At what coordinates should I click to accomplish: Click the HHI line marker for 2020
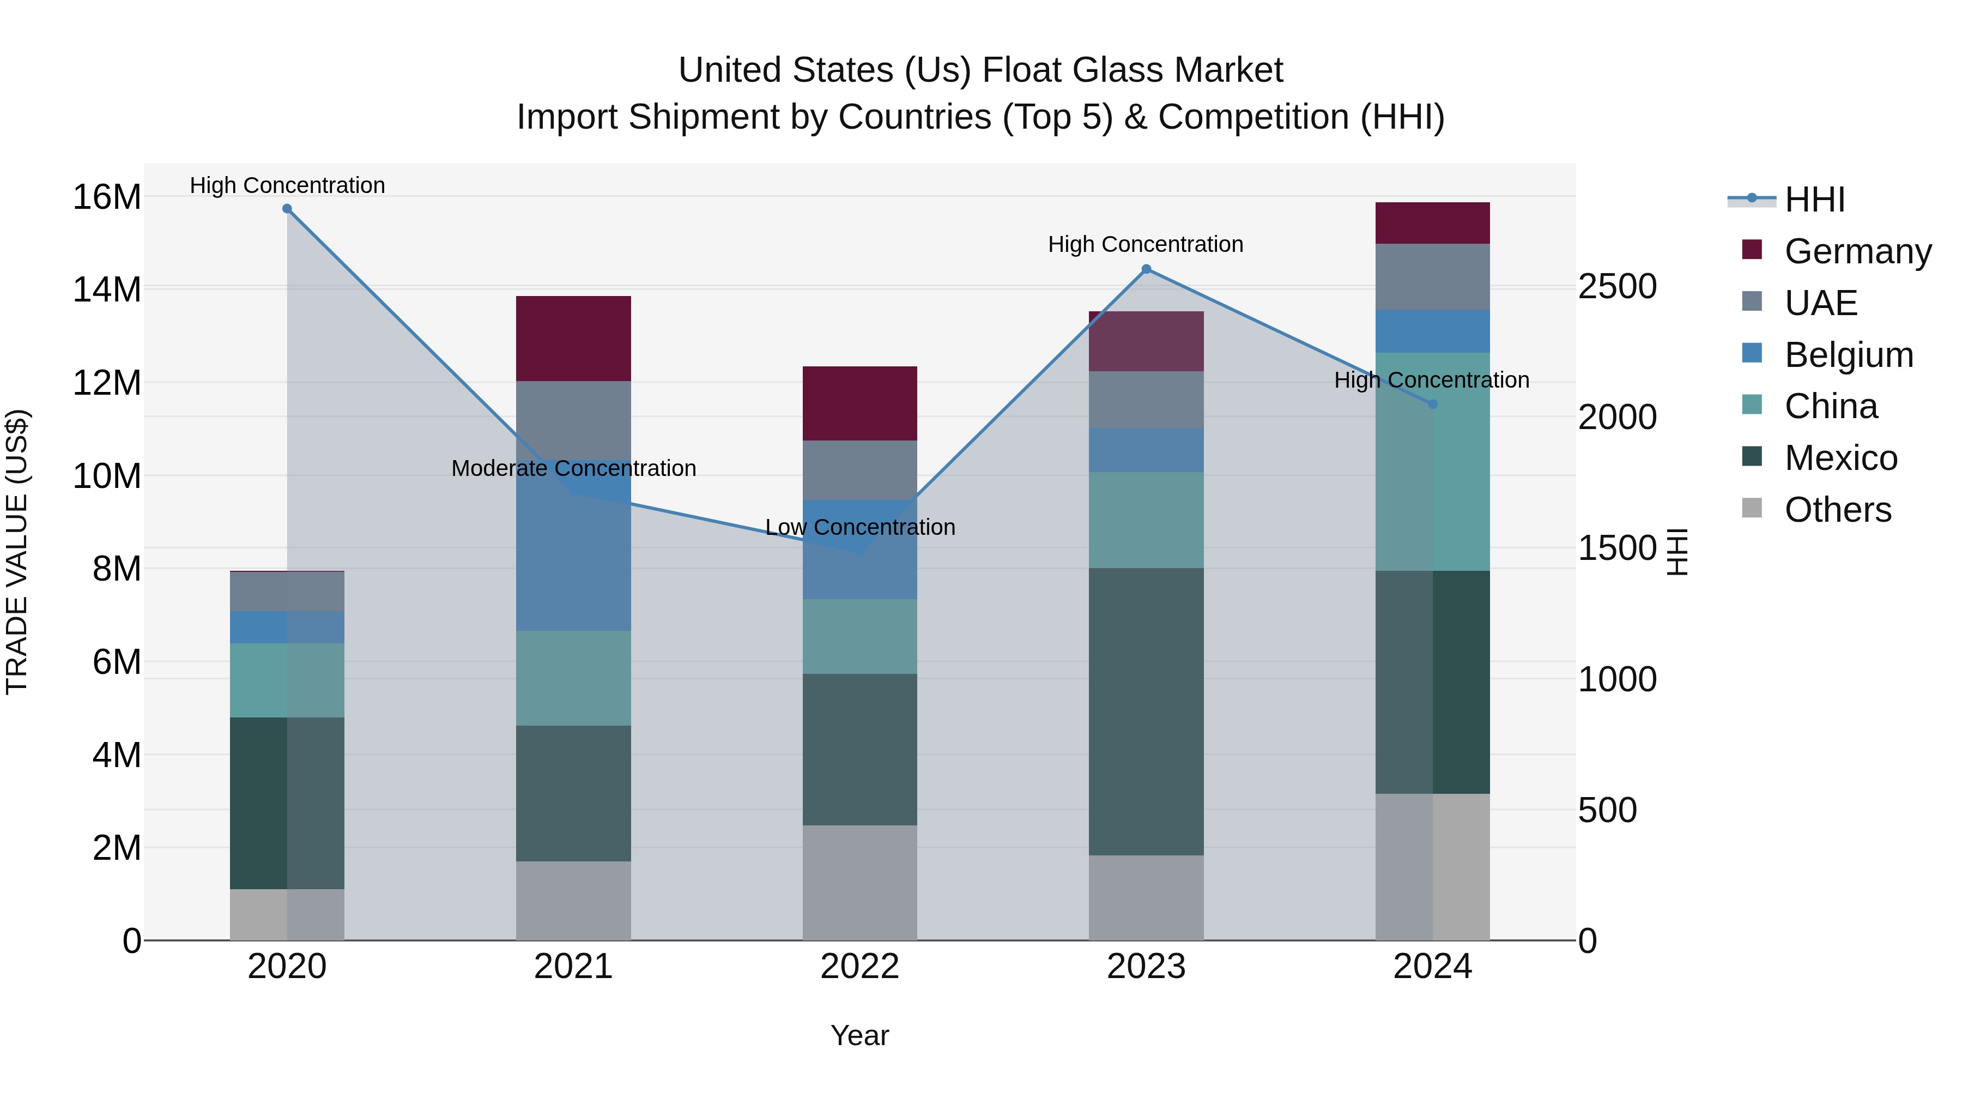click(x=287, y=209)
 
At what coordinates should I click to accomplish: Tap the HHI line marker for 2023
click(x=1146, y=269)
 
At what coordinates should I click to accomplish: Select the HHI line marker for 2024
click(x=1433, y=405)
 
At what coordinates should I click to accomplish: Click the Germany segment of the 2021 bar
click(x=573, y=338)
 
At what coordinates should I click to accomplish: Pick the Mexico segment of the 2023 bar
click(x=1146, y=711)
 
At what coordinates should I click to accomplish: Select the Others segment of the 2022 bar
click(x=860, y=882)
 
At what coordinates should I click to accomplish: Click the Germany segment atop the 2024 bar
click(x=1433, y=223)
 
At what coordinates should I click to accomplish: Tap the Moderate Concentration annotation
click(x=573, y=468)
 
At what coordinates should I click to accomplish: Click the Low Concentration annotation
click(x=860, y=527)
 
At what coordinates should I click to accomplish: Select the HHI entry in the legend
click(x=1814, y=200)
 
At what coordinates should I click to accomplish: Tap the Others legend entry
click(x=1837, y=510)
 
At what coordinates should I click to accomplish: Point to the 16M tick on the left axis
click(x=107, y=197)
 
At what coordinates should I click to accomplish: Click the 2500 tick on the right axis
click(x=1617, y=286)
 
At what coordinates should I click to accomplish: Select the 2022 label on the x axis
click(x=860, y=967)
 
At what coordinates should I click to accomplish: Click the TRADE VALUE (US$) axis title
click(x=17, y=552)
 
